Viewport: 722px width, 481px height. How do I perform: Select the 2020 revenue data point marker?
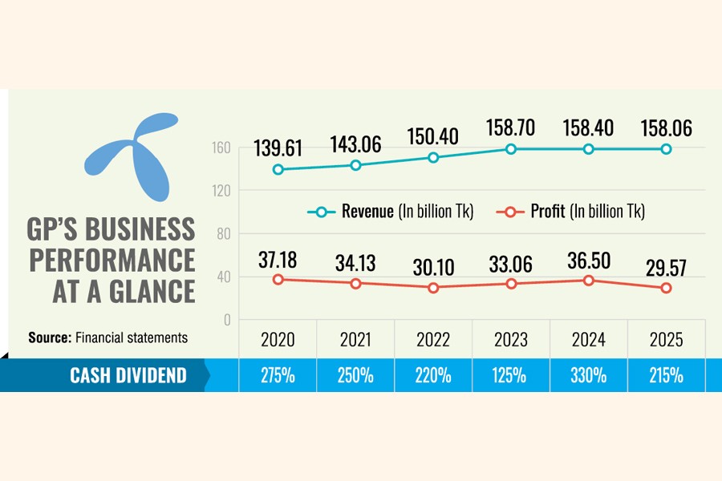pyautogui.click(x=278, y=169)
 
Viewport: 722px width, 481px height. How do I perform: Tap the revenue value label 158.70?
pyautogui.click(x=510, y=127)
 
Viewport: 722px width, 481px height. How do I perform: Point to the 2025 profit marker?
pyautogui.click(x=666, y=288)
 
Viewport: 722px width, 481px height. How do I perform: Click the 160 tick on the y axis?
pyautogui.click(x=222, y=148)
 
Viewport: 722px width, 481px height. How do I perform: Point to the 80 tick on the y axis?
pyautogui.click(x=222, y=234)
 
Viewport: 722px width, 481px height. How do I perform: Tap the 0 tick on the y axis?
pyautogui.click(x=227, y=320)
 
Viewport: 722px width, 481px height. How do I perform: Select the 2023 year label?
pyautogui.click(x=510, y=340)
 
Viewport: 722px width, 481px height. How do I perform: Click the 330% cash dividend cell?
pyautogui.click(x=588, y=375)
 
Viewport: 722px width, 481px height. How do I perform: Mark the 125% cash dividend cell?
pyautogui.click(x=510, y=375)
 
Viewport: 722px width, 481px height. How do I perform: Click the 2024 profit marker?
pyautogui.click(x=588, y=280)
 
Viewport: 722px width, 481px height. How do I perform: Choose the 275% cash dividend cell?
pyautogui.click(x=278, y=375)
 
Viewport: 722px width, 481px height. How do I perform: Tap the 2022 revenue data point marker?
pyautogui.click(x=433, y=157)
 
